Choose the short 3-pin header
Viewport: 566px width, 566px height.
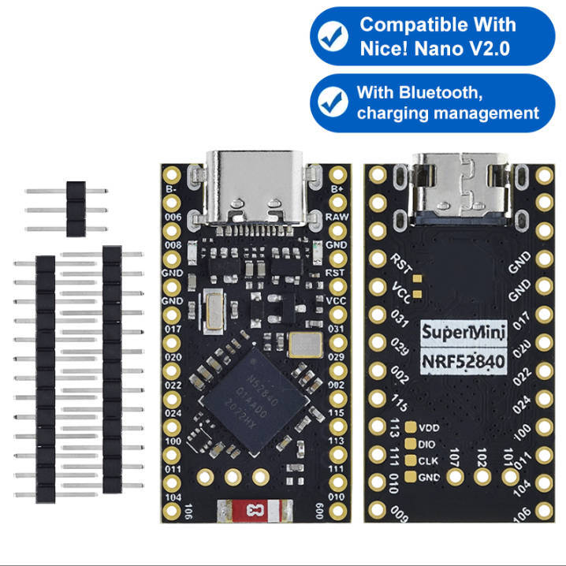click(75, 209)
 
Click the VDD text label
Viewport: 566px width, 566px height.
click(430, 428)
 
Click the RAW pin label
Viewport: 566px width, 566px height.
click(337, 216)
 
